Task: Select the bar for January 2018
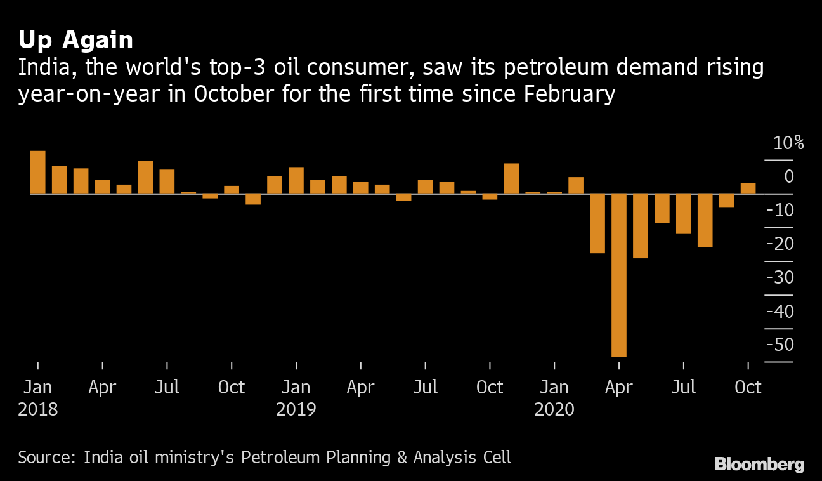tap(38, 172)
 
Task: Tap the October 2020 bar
tap(748, 188)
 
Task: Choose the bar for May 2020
tap(641, 226)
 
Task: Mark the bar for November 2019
tap(511, 178)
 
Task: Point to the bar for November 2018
tap(253, 199)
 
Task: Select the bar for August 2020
tap(705, 220)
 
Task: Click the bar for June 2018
tap(145, 177)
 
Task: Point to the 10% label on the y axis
tap(788, 143)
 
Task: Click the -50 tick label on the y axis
tap(780, 345)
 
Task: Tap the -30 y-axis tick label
tap(780, 278)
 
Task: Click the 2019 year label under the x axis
tap(296, 409)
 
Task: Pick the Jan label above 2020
tap(554, 387)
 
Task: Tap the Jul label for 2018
tap(167, 387)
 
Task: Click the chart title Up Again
tap(75, 41)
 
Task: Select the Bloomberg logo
tap(759, 465)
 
